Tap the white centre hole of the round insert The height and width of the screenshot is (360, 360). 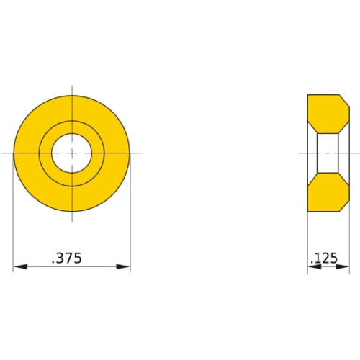pos(72,153)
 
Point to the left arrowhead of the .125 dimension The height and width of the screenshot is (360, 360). pos(312,268)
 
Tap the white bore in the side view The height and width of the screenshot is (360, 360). pos(328,153)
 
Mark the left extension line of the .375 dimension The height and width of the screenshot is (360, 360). pos(14,216)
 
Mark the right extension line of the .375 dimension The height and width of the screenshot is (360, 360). pos(130,216)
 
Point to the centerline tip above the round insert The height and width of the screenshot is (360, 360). pos(72,89)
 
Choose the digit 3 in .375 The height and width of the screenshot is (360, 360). pos(63,258)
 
